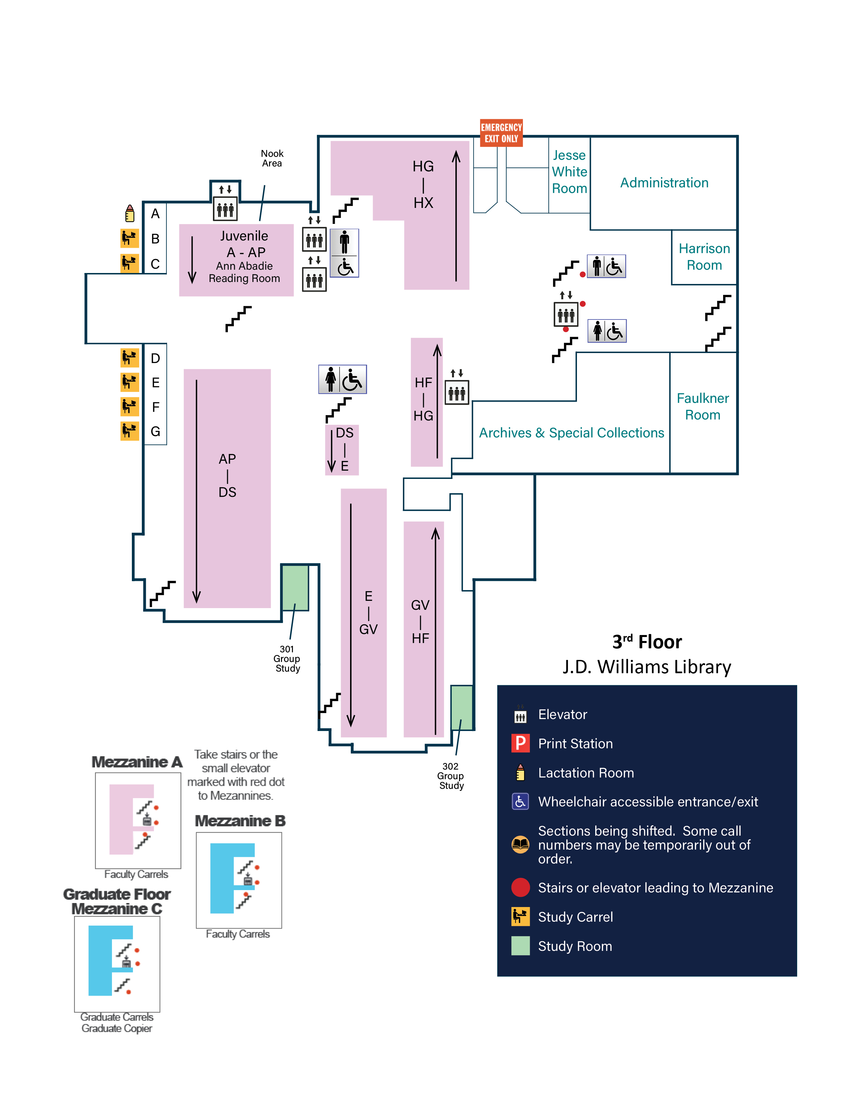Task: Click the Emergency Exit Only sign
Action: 501,133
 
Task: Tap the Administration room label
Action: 664,183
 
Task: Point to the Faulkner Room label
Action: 703,407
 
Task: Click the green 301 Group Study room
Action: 295,587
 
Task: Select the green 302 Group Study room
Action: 461,707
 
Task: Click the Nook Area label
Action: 272,158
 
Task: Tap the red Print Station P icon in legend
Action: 520,743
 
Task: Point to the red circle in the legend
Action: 520,887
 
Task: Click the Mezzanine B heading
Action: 240,821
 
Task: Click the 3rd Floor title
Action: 647,642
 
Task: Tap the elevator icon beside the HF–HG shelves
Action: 457,392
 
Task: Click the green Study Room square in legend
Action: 520,946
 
